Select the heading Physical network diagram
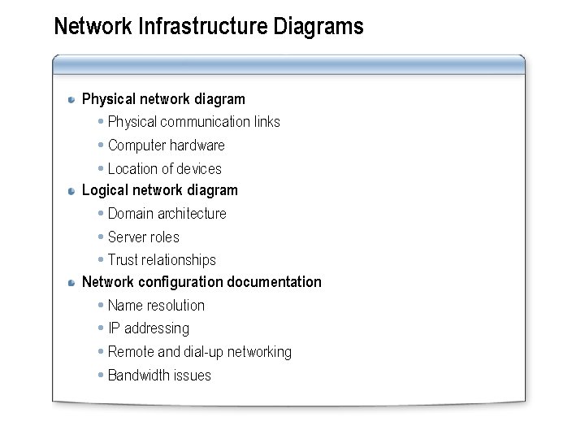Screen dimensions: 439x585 (163, 99)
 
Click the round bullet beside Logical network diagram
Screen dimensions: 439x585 (73, 191)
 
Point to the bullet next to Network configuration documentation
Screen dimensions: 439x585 (73, 283)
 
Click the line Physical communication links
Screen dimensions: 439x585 (193, 122)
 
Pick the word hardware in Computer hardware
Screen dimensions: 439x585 (198, 146)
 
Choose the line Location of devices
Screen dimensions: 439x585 (164, 169)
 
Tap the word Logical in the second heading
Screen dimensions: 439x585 (106, 190)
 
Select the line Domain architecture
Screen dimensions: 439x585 (167, 214)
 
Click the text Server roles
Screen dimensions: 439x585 (143, 237)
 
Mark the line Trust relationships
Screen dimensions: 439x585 (162, 260)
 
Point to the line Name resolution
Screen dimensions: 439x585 (156, 306)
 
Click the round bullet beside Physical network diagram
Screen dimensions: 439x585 (73, 100)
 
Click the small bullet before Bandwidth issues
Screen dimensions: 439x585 (100, 376)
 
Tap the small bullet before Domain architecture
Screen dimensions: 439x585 (100, 214)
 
